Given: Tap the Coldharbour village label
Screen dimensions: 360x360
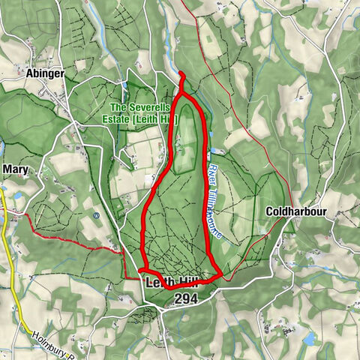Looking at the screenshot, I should click(x=297, y=212).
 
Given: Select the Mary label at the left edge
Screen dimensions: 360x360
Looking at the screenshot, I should click(x=14, y=169).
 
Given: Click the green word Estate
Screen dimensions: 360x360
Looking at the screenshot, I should click(x=126, y=118).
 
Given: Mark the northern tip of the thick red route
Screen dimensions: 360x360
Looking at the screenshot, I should click(x=181, y=73).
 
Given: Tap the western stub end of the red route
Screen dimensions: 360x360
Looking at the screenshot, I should click(x=140, y=269).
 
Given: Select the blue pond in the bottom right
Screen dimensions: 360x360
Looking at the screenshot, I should click(x=309, y=339).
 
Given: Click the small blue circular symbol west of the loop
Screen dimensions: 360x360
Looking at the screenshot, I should click(x=96, y=216).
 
